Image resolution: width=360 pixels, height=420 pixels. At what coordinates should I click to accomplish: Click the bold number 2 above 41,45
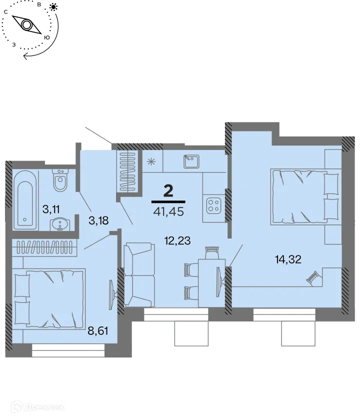[x=168, y=191]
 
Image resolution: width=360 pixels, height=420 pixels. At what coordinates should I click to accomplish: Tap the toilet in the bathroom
[x=60, y=180]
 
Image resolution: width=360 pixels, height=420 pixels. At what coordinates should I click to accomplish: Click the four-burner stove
[x=214, y=205]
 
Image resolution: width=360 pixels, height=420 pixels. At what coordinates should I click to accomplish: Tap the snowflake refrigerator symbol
[x=150, y=161]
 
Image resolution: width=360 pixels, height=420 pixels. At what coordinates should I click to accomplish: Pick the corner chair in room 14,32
[x=313, y=278]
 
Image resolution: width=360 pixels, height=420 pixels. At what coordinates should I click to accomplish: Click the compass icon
[x=27, y=24]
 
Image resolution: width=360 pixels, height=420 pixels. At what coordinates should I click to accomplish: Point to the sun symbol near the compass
[x=53, y=7]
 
